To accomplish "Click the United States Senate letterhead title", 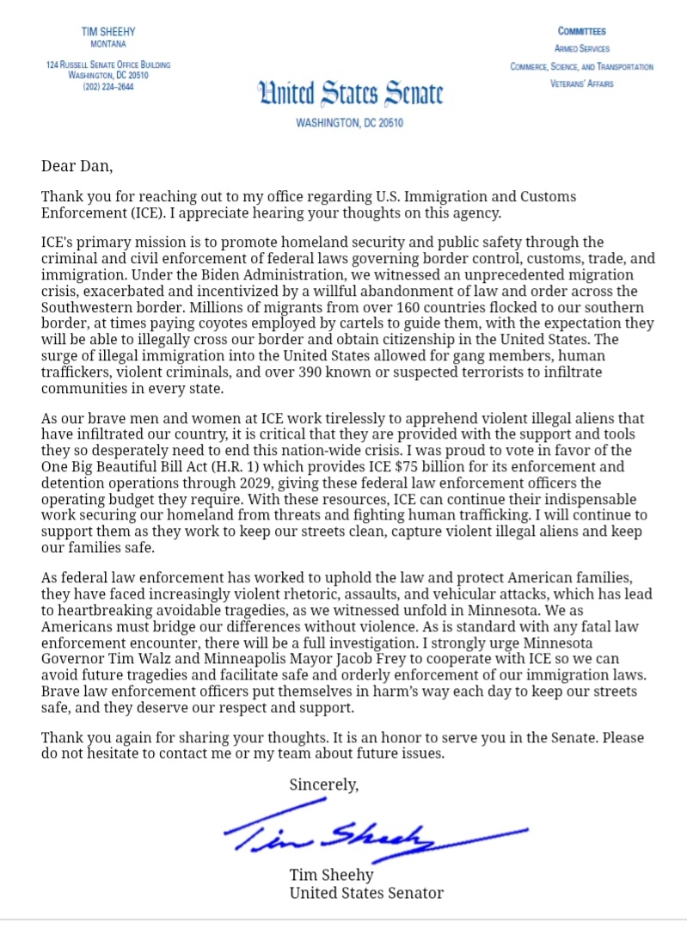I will [x=350, y=93].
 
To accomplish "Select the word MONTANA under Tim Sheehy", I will [x=107, y=44].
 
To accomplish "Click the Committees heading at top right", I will [x=581, y=31].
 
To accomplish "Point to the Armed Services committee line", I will [x=581, y=49].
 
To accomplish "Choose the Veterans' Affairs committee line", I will [x=581, y=84].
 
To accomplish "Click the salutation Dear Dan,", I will [x=77, y=165].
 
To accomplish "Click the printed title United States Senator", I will [x=366, y=893].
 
